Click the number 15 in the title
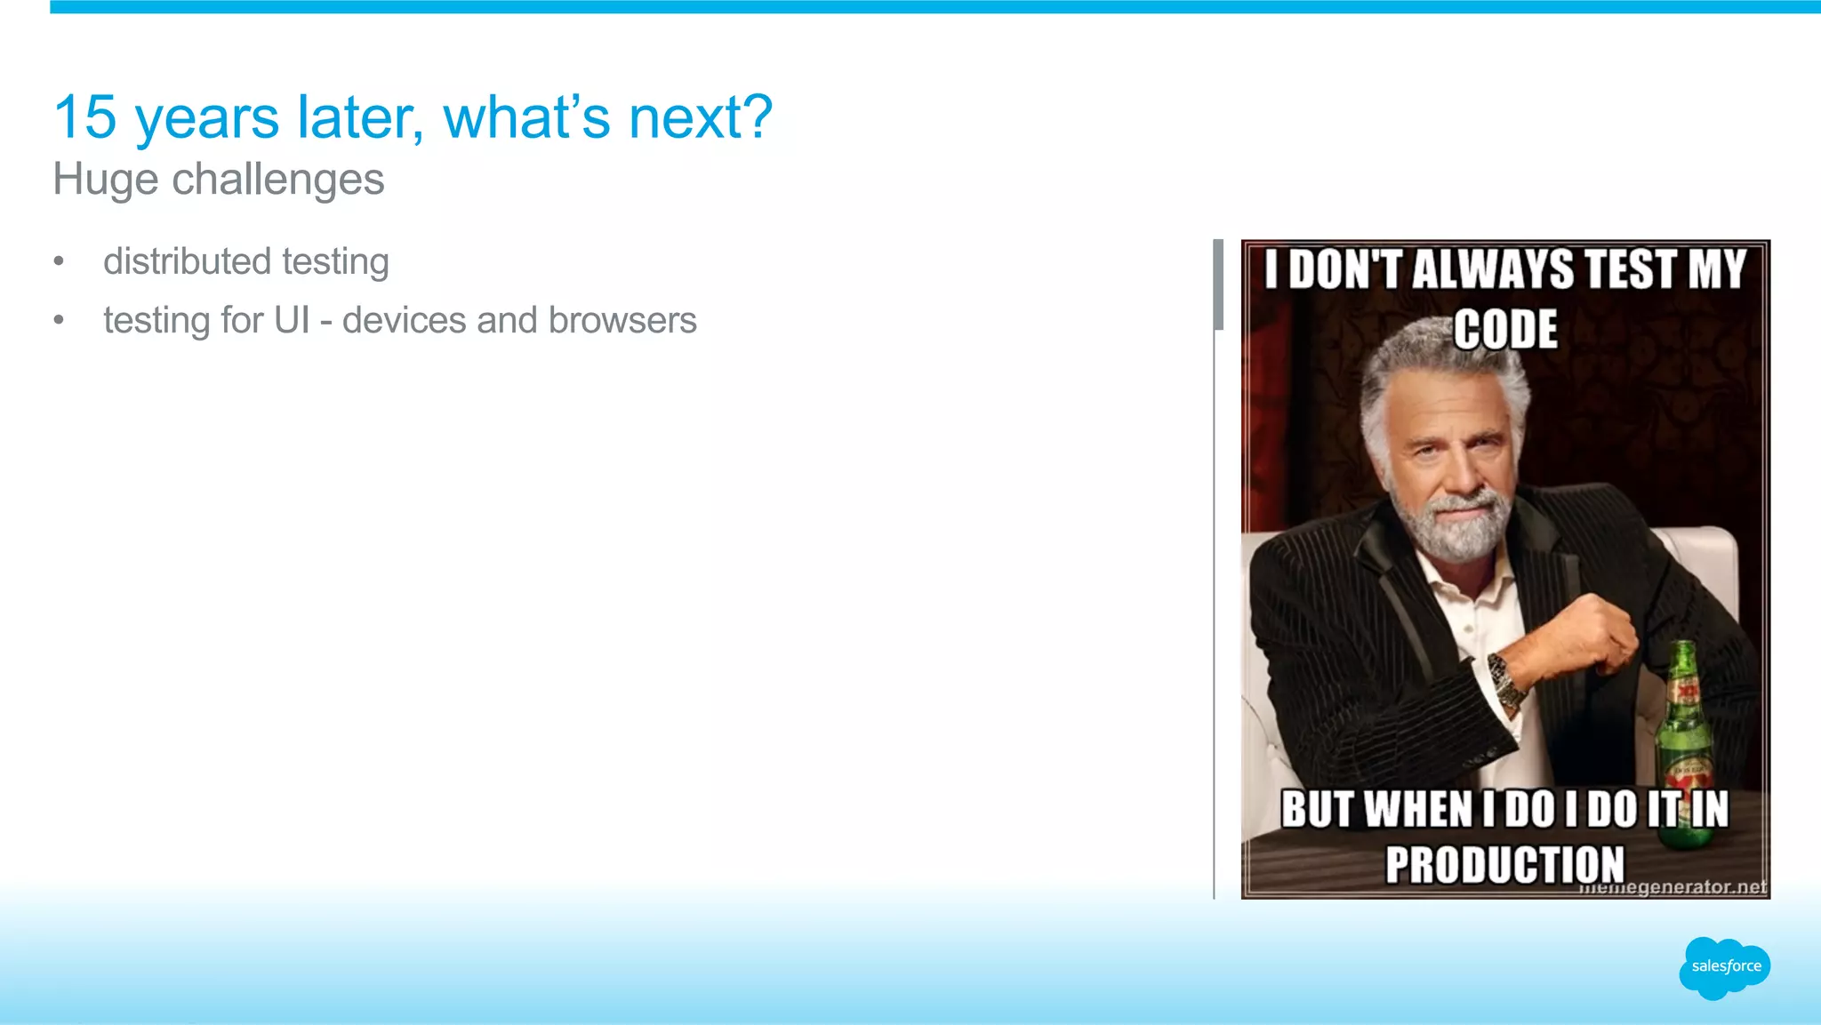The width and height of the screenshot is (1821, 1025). click(x=85, y=117)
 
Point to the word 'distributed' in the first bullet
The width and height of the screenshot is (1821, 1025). click(x=187, y=261)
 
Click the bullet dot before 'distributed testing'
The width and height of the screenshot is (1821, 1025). click(x=59, y=261)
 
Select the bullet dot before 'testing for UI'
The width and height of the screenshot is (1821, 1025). click(x=59, y=320)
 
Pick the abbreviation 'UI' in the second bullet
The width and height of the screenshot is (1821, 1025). click(x=292, y=320)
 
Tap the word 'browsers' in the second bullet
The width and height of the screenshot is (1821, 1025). click(x=622, y=320)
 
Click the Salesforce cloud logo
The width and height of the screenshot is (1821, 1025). click(x=1724, y=967)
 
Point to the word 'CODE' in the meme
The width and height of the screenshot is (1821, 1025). click(x=1505, y=330)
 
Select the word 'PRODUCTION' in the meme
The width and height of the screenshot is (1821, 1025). click(x=1504, y=864)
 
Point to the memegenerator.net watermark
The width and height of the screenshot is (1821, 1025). click(x=1672, y=887)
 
